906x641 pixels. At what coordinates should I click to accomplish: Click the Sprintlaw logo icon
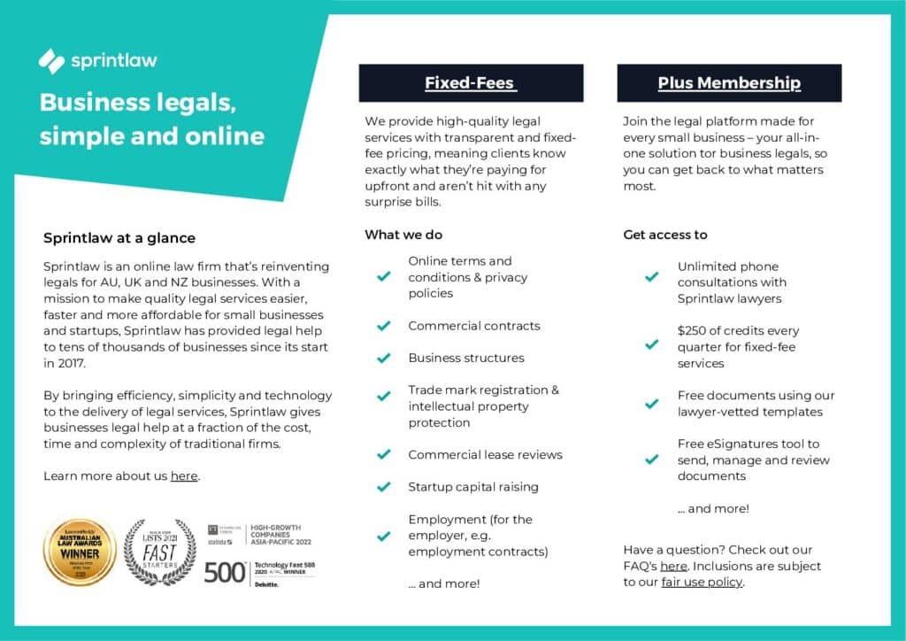[52, 60]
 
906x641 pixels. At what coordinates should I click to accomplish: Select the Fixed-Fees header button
[471, 83]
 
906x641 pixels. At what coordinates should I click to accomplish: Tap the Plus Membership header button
[729, 83]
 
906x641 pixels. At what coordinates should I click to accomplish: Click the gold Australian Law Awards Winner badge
[80, 552]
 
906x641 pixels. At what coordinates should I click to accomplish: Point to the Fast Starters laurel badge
[159, 552]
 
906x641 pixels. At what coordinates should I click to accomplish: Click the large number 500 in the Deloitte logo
[224, 573]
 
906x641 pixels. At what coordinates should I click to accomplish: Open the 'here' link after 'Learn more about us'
[184, 476]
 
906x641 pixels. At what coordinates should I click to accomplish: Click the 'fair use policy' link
[703, 582]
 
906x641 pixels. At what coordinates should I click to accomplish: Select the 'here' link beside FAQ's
[673, 566]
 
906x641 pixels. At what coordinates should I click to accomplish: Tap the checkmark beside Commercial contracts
[384, 326]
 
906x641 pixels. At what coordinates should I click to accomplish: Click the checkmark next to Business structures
[384, 359]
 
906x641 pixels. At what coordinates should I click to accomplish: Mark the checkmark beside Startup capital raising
[384, 487]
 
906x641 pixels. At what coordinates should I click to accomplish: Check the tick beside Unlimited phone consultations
[652, 277]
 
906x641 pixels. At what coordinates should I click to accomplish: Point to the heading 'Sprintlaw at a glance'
[119, 238]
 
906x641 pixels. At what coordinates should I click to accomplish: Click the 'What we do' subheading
[403, 235]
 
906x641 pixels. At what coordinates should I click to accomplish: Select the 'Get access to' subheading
[665, 235]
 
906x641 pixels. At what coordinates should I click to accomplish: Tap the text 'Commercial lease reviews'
[485, 455]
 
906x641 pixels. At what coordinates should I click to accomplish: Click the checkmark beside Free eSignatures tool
[652, 460]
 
